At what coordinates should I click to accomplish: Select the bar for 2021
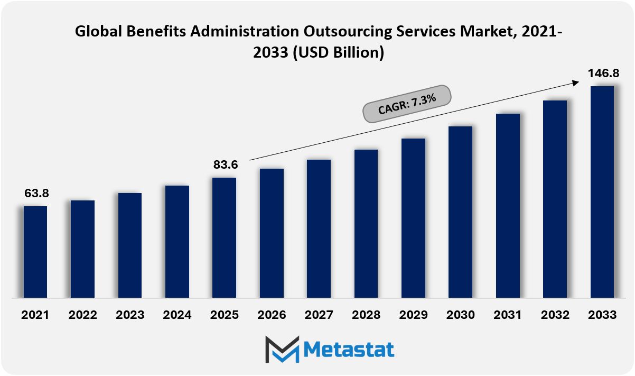click(35, 252)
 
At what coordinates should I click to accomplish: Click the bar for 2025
click(224, 238)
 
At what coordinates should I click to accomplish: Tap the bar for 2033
click(602, 192)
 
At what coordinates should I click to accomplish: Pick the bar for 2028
click(366, 224)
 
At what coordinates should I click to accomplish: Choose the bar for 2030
click(460, 212)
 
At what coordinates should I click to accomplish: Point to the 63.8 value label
click(36, 193)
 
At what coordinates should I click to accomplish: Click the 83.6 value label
click(226, 164)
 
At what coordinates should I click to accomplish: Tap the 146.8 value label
click(603, 73)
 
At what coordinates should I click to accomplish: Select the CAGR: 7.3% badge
click(407, 104)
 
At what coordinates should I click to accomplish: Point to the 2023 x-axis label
click(130, 315)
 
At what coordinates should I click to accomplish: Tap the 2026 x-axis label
click(272, 315)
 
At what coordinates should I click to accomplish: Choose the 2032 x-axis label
click(555, 315)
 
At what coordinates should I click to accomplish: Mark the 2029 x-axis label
click(413, 315)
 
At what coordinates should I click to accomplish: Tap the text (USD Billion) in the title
click(339, 53)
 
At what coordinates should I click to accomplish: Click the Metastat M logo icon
click(282, 350)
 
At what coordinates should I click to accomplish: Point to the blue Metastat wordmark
click(349, 350)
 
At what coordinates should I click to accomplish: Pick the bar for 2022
click(82, 249)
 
